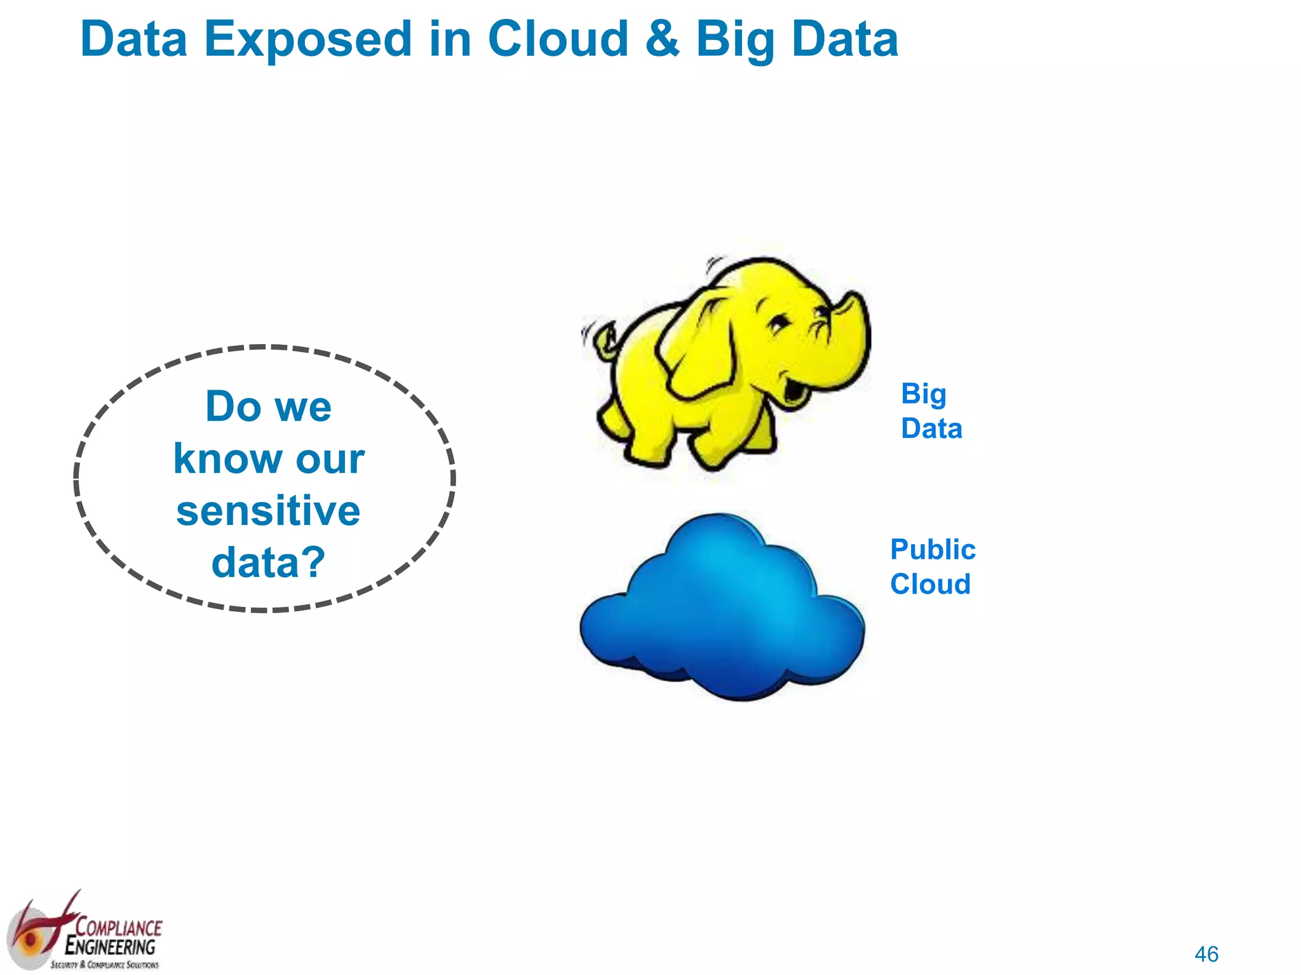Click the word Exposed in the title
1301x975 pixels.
pyautogui.click(x=307, y=39)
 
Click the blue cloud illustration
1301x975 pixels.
pyautogui.click(x=723, y=609)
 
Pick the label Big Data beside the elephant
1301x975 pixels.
pyautogui.click(x=931, y=411)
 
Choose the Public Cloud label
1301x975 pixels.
pyautogui.click(x=932, y=566)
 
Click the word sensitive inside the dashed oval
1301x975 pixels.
pyautogui.click(x=268, y=511)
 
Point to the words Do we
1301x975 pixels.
pyautogui.click(x=268, y=406)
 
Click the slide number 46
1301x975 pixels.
pyautogui.click(x=1206, y=954)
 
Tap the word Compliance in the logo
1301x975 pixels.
pyautogui.click(x=119, y=927)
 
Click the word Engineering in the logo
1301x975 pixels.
pyautogui.click(x=111, y=947)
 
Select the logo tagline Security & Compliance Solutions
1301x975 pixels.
pyautogui.click(x=105, y=965)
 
